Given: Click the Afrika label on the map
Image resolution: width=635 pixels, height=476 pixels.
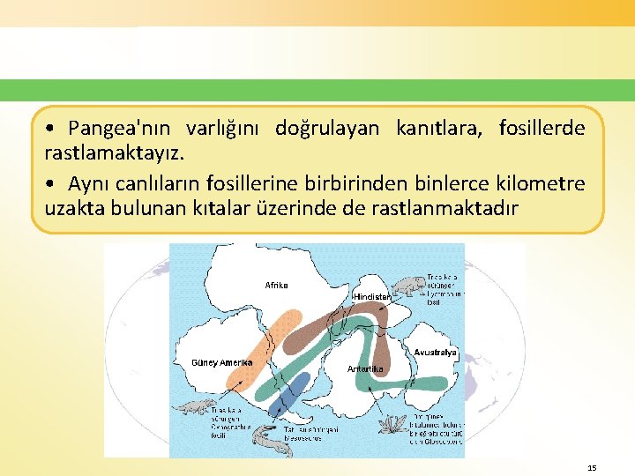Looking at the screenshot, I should coord(276,285).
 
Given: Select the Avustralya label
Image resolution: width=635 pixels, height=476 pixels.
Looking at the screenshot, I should coord(434,353).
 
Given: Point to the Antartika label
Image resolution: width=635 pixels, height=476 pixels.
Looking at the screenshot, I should coord(364,368).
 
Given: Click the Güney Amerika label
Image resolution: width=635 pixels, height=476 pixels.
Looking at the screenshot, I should coord(221,362).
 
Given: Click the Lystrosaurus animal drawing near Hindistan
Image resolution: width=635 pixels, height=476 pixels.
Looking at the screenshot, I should coord(407,286).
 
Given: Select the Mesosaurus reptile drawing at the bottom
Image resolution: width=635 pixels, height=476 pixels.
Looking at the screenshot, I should coord(277,445).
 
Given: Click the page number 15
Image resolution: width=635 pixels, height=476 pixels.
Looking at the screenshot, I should coord(592,468).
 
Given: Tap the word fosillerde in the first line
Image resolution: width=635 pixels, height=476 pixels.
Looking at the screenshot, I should coord(541,129).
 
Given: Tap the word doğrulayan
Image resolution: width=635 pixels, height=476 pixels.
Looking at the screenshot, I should coord(327,129).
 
